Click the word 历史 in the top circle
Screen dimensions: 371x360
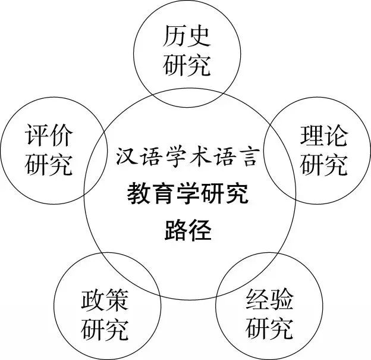[x=187, y=36]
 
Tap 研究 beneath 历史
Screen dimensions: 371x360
[x=187, y=65]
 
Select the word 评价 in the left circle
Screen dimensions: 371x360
[x=49, y=134]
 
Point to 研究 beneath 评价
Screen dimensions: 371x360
[x=49, y=164]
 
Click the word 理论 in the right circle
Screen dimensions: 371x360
[x=323, y=135]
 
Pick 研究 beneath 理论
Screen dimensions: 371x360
[x=323, y=164]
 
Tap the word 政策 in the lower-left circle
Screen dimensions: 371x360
[x=105, y=300]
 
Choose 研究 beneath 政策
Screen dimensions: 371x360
[x=105, y=329]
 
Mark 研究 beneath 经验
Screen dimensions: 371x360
[x=270, y=328]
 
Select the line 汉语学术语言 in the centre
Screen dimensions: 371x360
[x=187, y=156]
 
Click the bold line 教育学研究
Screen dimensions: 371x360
[x=187, y=193]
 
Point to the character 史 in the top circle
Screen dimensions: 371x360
[x=199, y=36]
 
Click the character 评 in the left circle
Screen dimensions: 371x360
[x=36, y=134]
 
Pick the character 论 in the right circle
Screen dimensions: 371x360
[x=336, y=135]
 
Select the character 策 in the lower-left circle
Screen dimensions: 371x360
[x=117, y=300]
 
